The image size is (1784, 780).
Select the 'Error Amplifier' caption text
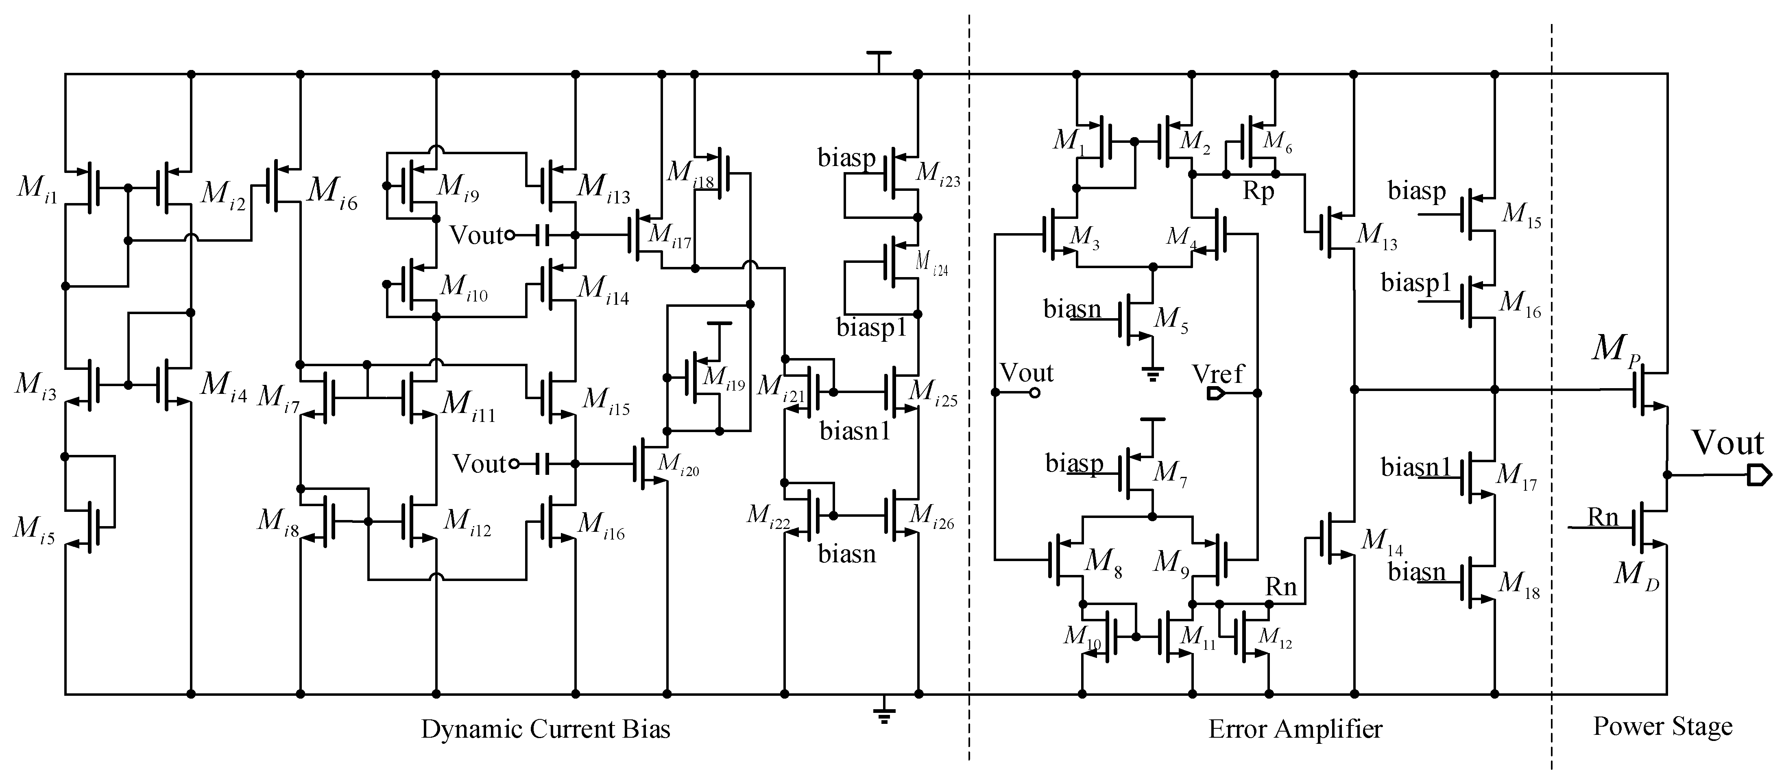click(x=1295, y=730)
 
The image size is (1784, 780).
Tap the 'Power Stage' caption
click(x=1662, y=727)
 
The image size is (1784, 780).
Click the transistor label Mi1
click(x=37, y=188)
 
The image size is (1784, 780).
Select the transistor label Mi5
click(x=34, y=530)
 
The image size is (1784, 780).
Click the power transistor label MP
click(x=1616, y=349)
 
